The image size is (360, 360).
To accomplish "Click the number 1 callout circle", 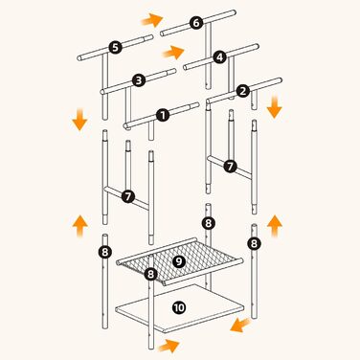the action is click(x=163, y=115).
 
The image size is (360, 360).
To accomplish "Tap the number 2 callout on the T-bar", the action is click(x=242, y=92).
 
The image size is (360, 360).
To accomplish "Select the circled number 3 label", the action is click(x=139, y=80).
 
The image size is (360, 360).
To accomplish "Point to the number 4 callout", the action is click(x=219, y=57).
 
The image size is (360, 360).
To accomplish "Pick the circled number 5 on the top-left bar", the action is click(x=115, y=47).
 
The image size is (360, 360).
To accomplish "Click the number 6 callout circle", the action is click(x=196, y=23).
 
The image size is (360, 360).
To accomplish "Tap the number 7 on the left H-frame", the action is click(x=128, y=196).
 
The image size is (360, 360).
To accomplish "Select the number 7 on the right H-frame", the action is click(x=230, y=167).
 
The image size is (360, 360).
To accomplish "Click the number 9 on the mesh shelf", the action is click(x=179, y=261).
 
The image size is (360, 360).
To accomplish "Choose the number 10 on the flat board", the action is click(x=179, y=307).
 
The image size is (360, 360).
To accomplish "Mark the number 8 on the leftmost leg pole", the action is click(x=105, y=252).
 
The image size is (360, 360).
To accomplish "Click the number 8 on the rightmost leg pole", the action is click(x=254, y=244).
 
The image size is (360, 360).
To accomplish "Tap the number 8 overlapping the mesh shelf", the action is click(x=150, y=274).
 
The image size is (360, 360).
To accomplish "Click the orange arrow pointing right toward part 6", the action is click(x=152, y=20).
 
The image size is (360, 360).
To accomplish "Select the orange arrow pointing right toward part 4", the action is click(x=173, y=52).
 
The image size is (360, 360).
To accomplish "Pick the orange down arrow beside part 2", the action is click(x=274, y=107).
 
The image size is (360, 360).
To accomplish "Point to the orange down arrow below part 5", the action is click(x=79, y=120).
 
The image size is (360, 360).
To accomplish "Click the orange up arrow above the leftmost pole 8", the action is click(x=79, y=226).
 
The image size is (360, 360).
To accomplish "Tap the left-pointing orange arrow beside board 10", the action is click(x=241, y=325).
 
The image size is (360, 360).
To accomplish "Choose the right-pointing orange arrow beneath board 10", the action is click(x=169, y=346).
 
